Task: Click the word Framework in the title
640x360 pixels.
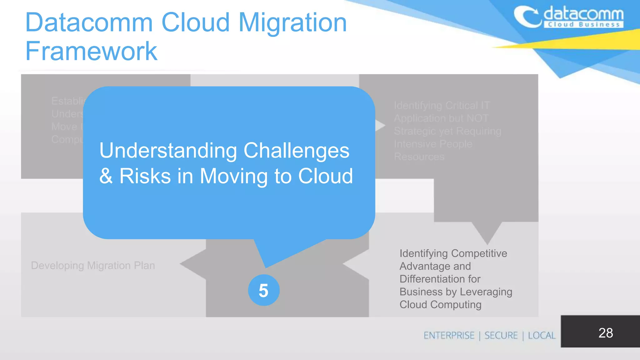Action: point(91,51)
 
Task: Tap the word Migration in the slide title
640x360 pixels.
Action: point(292,22)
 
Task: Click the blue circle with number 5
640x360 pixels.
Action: point(264,290)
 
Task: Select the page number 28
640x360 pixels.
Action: point(605,333)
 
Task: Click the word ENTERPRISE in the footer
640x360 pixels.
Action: point(449,336)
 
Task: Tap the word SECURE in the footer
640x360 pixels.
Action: point(501,336)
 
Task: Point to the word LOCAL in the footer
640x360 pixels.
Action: point(542,336)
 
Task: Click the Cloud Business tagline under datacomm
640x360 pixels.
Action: point(583,25)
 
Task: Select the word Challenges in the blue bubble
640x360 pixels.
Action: point(296,151)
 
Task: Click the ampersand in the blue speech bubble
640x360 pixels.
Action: point(106,176)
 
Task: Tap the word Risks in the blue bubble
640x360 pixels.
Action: point(145,176)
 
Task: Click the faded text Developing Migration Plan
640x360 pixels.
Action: point(93,266)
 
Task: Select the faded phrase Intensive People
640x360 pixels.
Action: point(433,144)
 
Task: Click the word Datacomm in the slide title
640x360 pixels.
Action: point(89,22)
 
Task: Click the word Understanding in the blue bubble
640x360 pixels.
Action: point(168,151)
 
